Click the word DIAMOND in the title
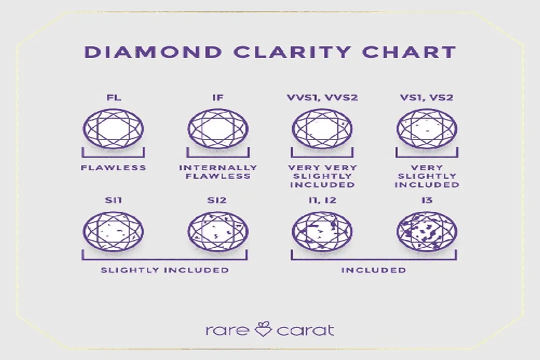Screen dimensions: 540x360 point(153,52)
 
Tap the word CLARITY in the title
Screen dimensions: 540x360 point(291,52)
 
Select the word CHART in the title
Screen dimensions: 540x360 point(409,52)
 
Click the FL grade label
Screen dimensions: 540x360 point(113,97)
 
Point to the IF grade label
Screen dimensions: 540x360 point(218,97)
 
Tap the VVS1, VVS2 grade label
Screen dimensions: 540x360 point(322,97)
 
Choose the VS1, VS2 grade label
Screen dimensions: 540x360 point(426,97)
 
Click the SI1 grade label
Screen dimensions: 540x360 point(113,200)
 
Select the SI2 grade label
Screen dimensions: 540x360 point(217,200)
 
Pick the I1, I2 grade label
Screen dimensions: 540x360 point(322,200)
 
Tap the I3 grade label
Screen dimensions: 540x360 point(426,200)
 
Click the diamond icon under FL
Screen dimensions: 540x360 point(113,128)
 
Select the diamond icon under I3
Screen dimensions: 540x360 point(427,231)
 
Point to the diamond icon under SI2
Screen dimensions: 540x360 point(218,231)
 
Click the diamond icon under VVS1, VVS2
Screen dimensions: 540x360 point(322,128)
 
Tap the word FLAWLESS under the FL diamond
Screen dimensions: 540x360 point(113,168)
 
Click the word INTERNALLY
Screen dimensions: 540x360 point(218,168)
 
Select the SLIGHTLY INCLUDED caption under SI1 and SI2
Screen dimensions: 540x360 point(164,270)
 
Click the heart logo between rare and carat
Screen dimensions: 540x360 point(263,329)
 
